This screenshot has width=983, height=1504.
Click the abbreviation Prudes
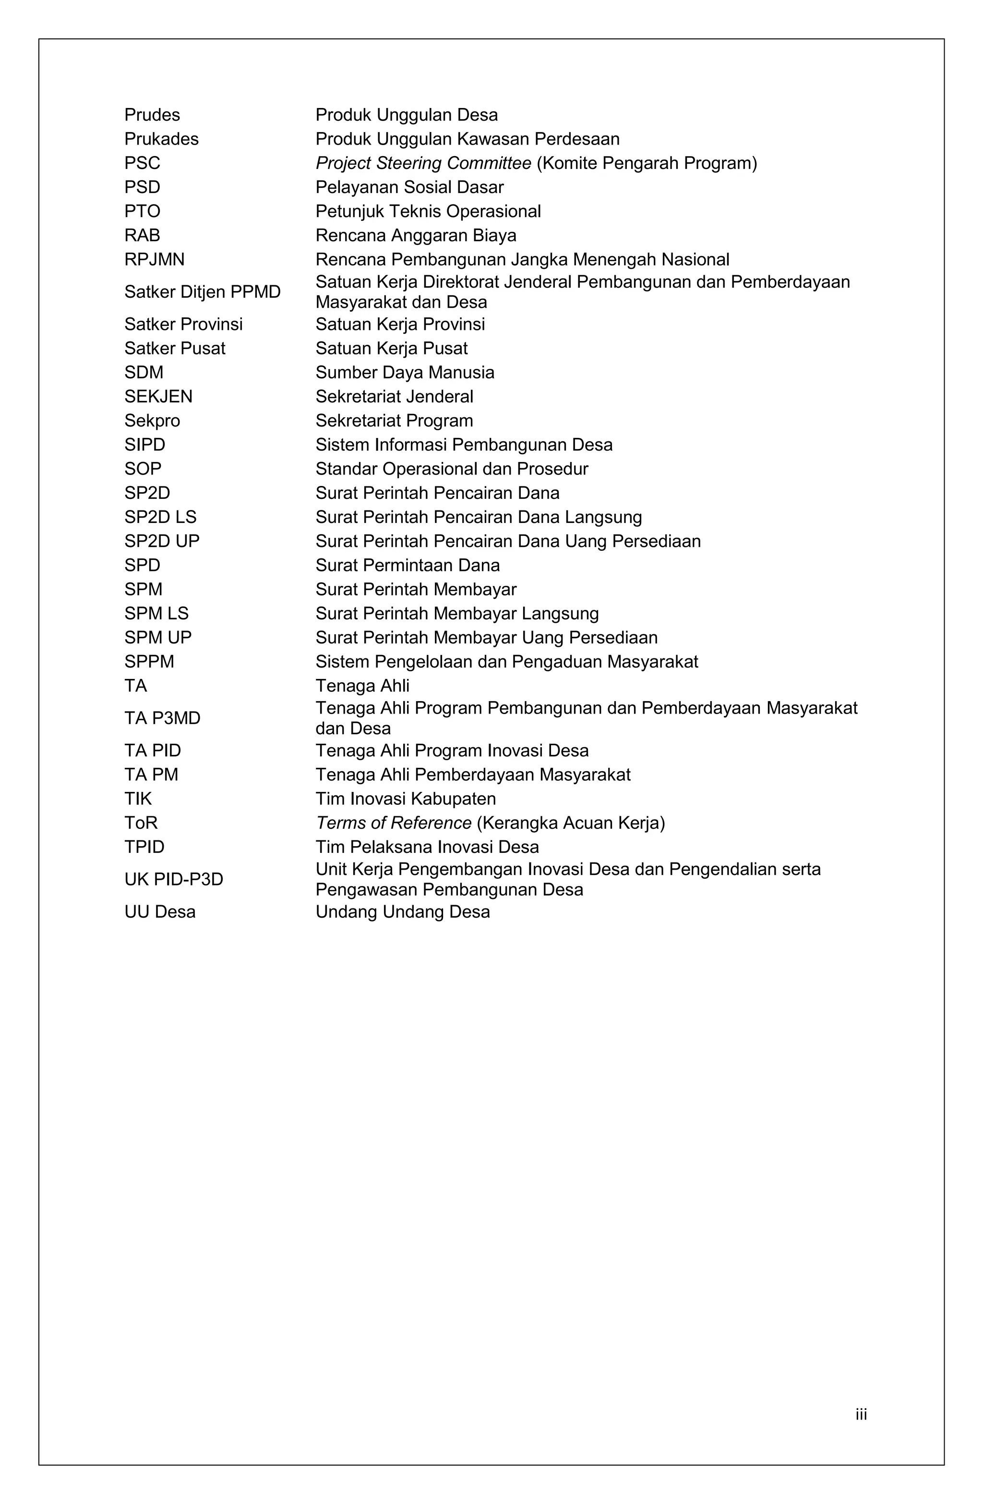click(x=152, y=115)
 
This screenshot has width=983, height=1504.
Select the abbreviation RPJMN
click(x=154, y=260)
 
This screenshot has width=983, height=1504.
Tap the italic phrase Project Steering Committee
click(x=423, y=164)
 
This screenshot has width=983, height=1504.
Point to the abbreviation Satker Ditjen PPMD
click(x=202, y=292)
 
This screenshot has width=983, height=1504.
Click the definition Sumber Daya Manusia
click(x=404, y=373)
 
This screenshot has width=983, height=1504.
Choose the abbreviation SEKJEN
click(x=158, y=397)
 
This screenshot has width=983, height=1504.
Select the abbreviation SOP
click(x=143, y=469)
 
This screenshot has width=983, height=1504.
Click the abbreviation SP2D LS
click(x=160, y=518)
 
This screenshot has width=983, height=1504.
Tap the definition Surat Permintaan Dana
click(x=408, y=566)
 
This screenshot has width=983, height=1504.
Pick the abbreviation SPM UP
click(x=158, y=638)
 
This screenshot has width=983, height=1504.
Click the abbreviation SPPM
click(x=149, y=662)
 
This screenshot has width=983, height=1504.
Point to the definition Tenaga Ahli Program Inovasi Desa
click(x=452, y=751)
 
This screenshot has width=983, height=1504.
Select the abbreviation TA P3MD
click(x=162, y=718)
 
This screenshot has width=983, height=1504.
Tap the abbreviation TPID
click(x=144, y=848)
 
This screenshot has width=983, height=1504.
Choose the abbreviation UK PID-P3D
click(x=174, y=880)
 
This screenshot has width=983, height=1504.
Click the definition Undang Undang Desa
click(x=402, y=912)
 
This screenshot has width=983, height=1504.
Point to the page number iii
click(x=861, y=1414)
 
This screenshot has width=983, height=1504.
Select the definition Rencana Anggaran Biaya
click(x=416, y=236)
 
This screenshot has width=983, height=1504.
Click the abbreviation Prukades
click(x=161, y=139)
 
